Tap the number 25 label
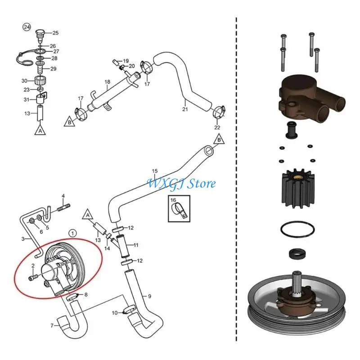point(56,32)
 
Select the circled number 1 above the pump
point(73,233)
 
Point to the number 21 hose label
point(184,109)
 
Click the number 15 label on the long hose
point(155,171)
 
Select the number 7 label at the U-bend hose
point(52,325)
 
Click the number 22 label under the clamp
point(217,127)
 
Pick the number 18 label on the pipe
point(107,82)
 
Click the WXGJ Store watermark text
point(182,184)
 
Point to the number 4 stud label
point(63,196)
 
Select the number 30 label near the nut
point(24,81)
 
